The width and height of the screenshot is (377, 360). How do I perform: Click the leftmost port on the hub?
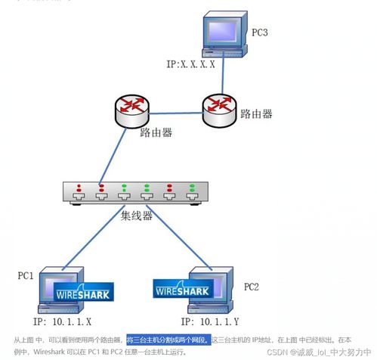(78, 197)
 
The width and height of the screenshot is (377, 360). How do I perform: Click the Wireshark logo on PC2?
(184, 288)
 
